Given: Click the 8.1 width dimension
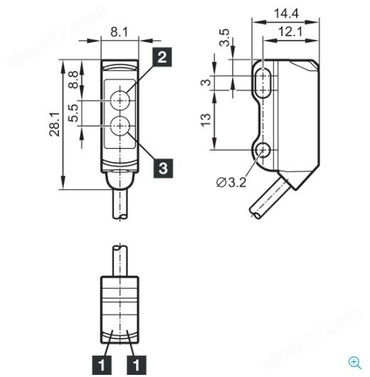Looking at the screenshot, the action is point(119,32).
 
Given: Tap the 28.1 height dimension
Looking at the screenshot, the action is point(55,124).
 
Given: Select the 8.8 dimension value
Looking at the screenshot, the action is point(73,80).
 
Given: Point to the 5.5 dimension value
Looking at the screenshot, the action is point(73,113).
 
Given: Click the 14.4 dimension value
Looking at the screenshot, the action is point(286,14).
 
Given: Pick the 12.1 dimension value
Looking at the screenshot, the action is point(290,32).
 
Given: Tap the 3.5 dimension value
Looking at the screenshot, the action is point(224,38).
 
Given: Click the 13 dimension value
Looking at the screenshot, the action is point(206,120).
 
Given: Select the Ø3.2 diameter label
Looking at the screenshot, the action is point(231,183).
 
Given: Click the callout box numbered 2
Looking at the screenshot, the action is point(162,57).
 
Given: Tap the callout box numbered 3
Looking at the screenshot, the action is point(163,168).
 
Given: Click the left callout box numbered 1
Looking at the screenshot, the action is point(102,364).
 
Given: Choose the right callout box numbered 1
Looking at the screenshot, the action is point(137,364).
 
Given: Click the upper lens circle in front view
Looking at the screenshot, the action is point(120,100).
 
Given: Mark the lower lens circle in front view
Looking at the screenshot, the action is point(120,125).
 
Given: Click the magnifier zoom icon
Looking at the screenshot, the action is point(355,363).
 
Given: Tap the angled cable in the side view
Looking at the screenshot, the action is point(270,196).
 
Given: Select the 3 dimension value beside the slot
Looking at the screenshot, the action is point(206,83).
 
